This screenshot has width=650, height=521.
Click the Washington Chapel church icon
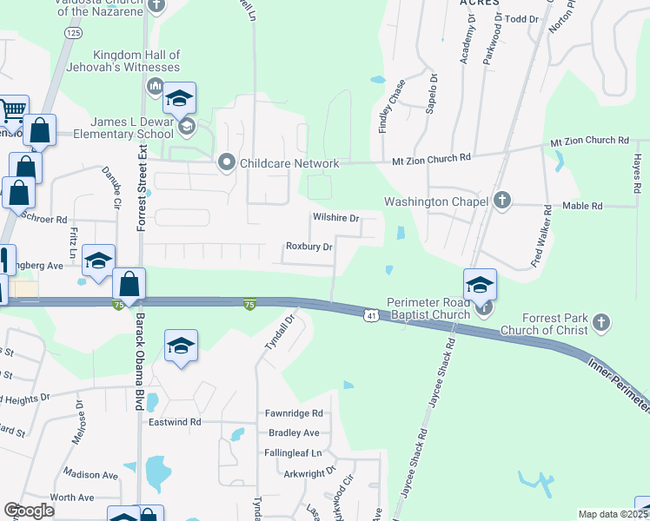click(x=501, y=201)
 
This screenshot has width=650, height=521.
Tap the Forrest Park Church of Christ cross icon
click(x=600, y=324)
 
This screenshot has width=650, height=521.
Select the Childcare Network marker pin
click(x=227, y=162)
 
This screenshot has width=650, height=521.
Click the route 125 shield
click(x=73, y=32)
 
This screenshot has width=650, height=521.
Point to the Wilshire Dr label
click(x=335, y=218)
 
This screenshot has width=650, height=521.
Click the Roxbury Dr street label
click(x=309, y=247)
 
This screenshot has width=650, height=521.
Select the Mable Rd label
click(x=583, y=207)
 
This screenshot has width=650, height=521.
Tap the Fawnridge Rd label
click(x=295, y=413)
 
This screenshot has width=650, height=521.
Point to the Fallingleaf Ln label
click(x=293, y=453)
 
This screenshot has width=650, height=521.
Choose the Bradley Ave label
click(x=294, y=432)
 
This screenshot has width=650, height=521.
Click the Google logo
click(x=29, y=511)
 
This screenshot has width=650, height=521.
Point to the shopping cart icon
click(x=13, y=110)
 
